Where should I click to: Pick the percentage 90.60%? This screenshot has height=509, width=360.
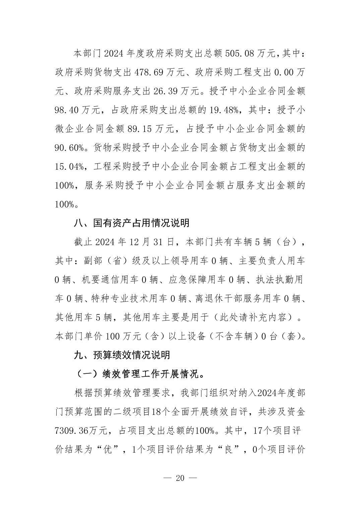(x=69, y=148)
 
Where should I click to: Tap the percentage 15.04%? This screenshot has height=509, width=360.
(x=69, y=166)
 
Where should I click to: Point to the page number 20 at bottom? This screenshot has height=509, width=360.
(x=180, y=478)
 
